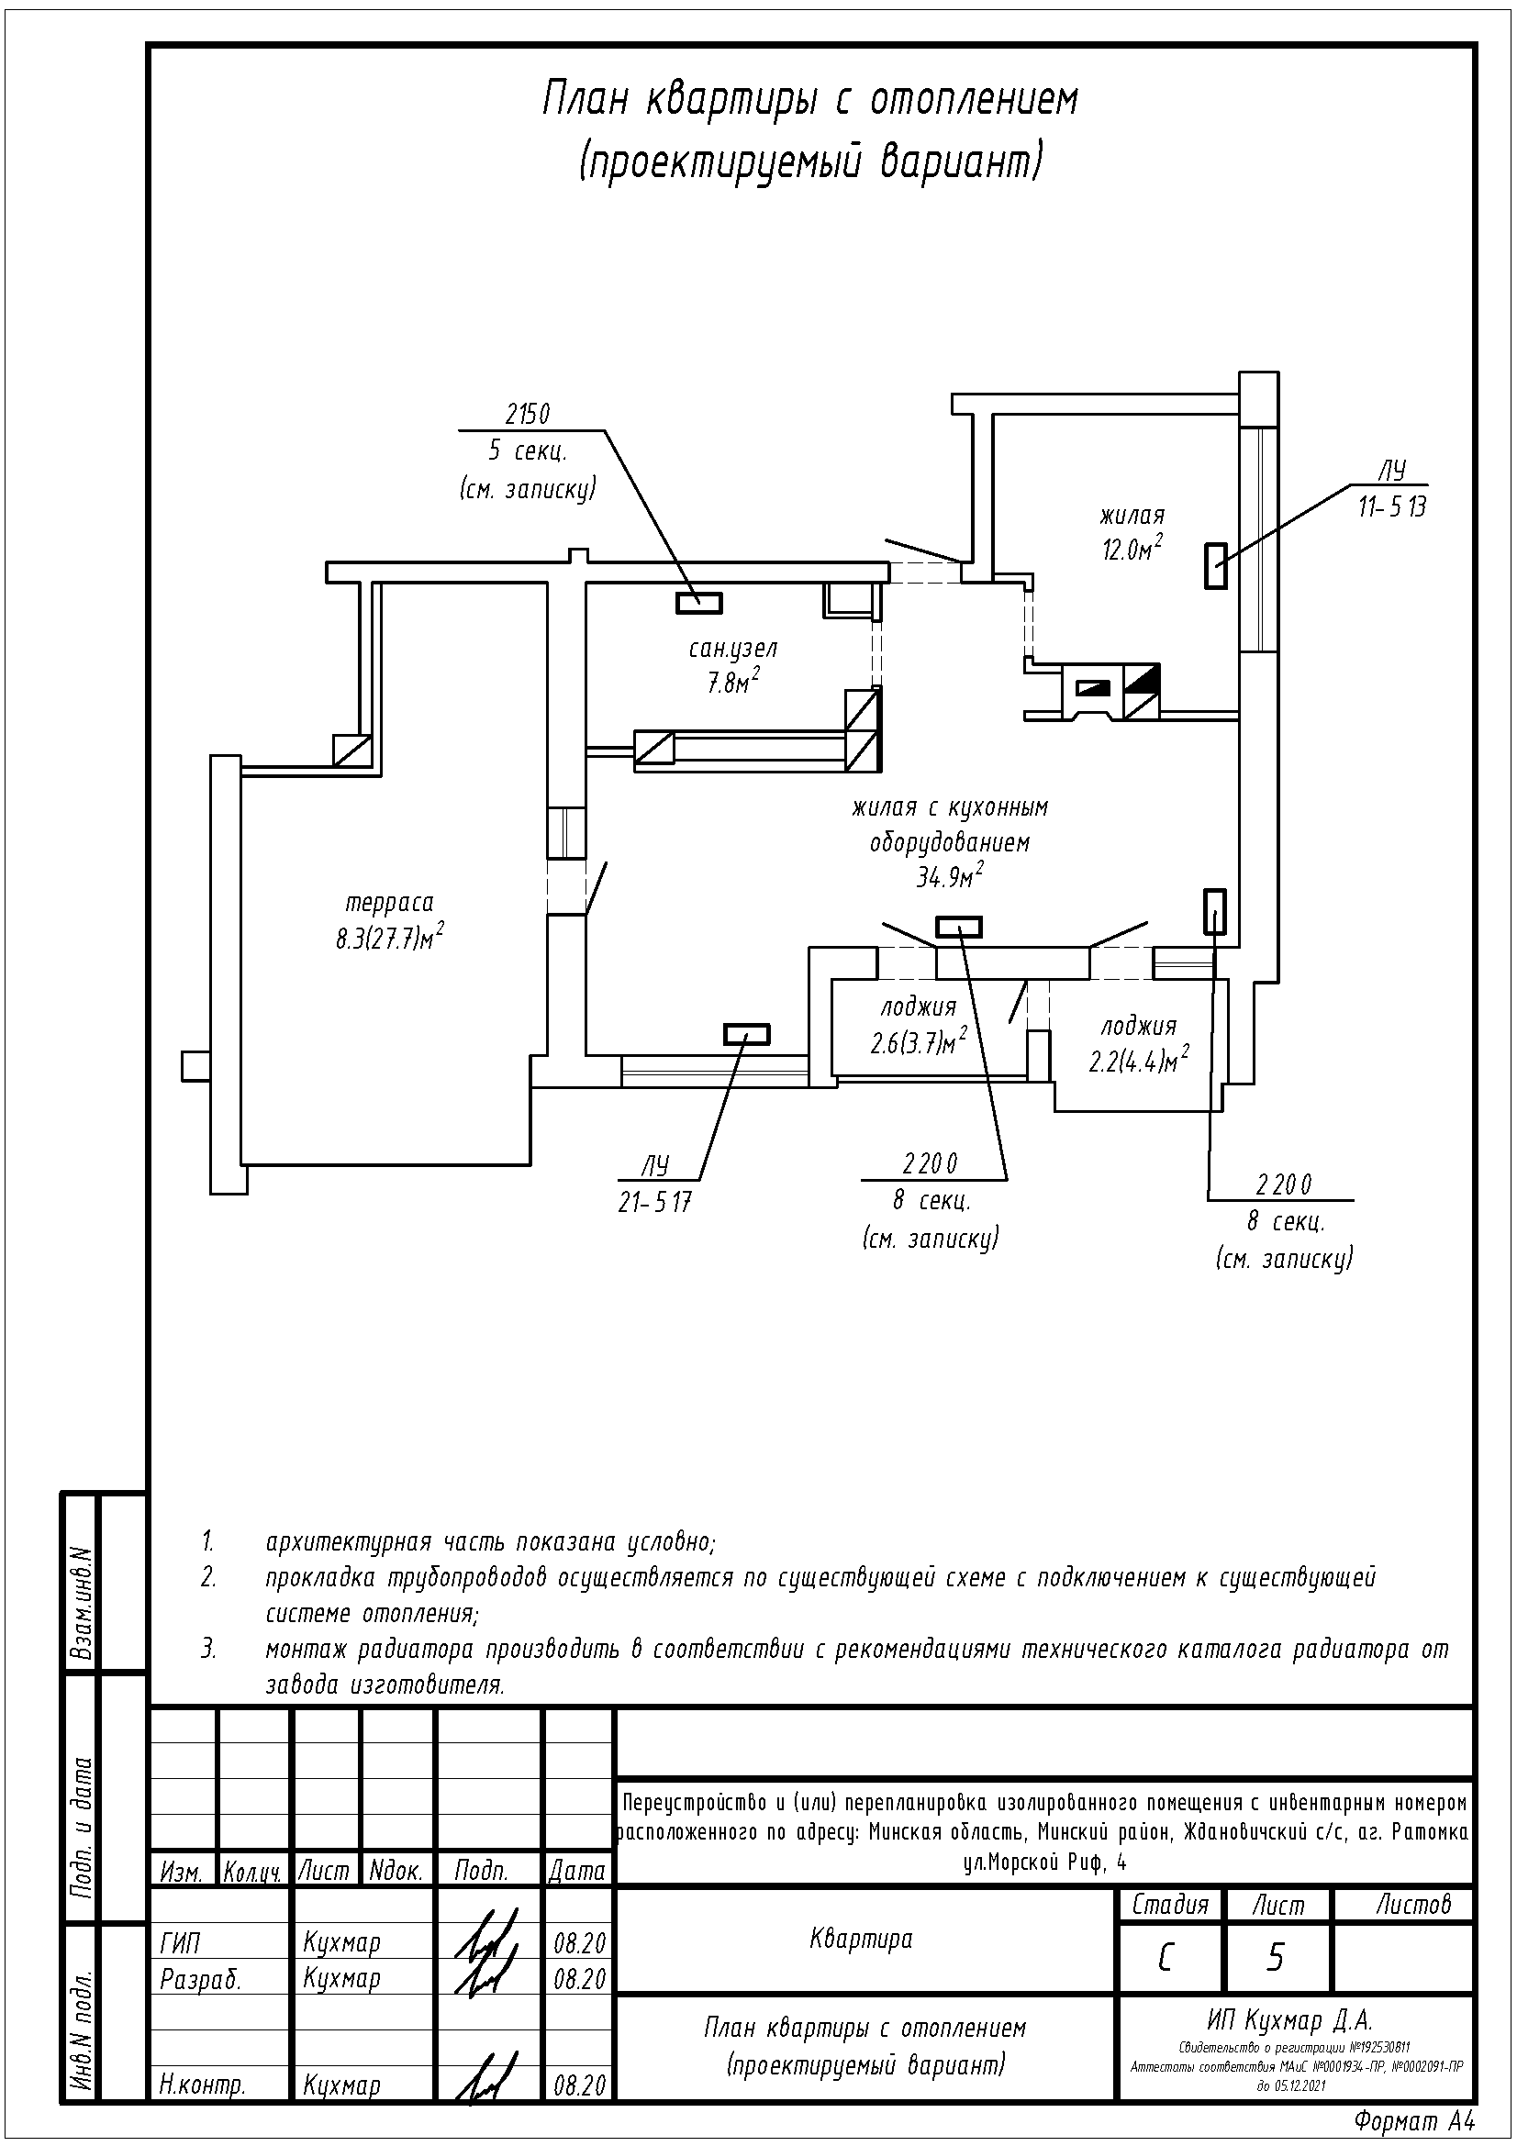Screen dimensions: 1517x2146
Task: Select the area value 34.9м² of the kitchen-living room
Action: pyautogui.click(x=949, y=877)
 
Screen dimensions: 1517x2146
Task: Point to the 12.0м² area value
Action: pyautogui.click(x=1132, y=548)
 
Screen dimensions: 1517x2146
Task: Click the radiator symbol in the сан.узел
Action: pyautogui.click(x=699, y=604)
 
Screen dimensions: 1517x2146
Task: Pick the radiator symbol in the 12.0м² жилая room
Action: pyautogui.click(x=1215, y=565)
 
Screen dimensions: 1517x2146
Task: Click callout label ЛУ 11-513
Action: pyautogui.click(x=1392, y=489)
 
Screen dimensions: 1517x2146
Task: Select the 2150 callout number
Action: pyautogui.click(x=528, y=414)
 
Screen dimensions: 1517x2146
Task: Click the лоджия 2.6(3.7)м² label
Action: pyautogui.click(x=918, y=1025)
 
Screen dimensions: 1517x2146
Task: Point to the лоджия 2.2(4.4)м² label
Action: pyautogui.click(x=1139, y=1043)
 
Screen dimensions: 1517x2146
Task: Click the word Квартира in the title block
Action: pyautogui.click(x=861, y=1939)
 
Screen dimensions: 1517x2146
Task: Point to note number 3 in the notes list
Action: pyautogui.click(x=208, y=1649)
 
